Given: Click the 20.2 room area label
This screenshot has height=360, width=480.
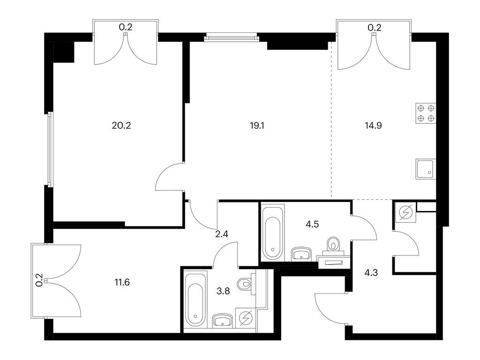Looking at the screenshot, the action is tap(121, 126).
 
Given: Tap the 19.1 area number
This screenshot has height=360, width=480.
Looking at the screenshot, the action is tap(257, 126).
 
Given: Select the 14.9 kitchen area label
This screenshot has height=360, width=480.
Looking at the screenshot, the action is tap(374, 126).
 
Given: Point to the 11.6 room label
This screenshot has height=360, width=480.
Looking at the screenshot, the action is tap(122, 282).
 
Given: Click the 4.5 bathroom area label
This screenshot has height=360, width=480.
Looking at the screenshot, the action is tap(312, 224).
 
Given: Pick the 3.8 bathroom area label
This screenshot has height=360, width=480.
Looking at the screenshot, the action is tap(223, 291).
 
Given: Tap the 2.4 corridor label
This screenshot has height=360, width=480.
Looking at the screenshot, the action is tap(222, 234).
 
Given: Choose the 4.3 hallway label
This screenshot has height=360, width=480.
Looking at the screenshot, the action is tap(371, 272).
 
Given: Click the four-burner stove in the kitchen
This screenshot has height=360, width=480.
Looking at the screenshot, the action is tap(426, 113).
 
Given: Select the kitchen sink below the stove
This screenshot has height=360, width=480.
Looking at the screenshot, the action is tap(425, 169).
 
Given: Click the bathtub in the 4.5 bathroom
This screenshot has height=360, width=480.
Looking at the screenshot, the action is tap(273, 233).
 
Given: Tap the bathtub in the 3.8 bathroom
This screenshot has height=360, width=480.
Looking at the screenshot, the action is tap(195, 300).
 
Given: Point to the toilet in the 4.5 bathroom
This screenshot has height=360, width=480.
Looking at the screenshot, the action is tap(333, 246).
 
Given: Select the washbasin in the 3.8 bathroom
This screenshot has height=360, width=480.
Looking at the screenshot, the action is tap(223, 321).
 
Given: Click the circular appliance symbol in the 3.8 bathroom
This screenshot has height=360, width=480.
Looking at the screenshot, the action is tap(247, 318).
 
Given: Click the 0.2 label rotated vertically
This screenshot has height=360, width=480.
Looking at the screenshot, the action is tap(39, 280).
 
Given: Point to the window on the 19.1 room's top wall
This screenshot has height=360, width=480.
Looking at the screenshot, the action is tap(232, 38).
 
